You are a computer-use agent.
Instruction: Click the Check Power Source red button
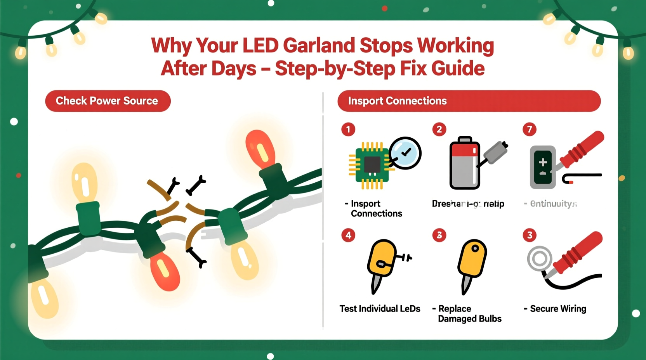tap(108, 101)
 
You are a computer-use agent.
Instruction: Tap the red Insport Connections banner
tap(469, 101)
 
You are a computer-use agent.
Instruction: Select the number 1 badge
tap(348, 129)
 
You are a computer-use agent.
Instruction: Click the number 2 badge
tap(439, 129)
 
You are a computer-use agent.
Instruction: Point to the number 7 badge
tap(530, 129)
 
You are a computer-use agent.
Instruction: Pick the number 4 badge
tap(348, 235)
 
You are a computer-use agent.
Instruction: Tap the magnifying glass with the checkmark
tap(405, 153)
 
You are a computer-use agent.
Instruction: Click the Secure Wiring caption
tap(557, 309)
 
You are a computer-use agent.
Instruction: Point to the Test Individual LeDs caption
tap(380, 309)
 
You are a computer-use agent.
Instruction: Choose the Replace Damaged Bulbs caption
tap(469, 314)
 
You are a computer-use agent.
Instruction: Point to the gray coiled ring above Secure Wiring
tap(539, 258)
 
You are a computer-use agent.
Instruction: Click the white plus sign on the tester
tap(543, 162)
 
